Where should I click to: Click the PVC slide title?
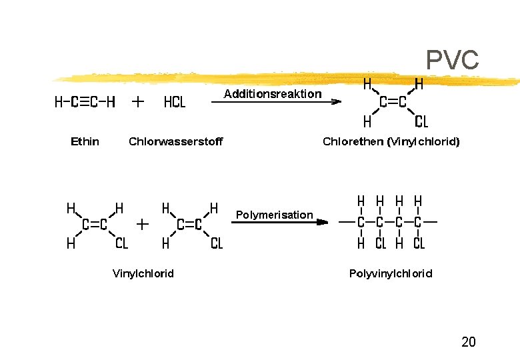coord(452,60)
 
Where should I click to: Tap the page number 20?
coord(468,341)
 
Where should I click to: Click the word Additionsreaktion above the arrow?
coord(273,94)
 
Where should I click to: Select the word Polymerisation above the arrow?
coord(274,215)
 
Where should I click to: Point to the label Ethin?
coord(85,141)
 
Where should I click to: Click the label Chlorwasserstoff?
coord(176,141)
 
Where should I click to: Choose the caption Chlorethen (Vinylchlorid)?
coord(391,142)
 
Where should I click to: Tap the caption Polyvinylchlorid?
coord(391,273)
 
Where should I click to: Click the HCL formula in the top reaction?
coord(175,102)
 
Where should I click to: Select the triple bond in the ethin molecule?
coord(85,102)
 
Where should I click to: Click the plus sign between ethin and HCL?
coord(137,102)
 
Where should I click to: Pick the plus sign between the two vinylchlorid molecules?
coord(143,225)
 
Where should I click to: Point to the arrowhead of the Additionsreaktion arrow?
coord(336,102)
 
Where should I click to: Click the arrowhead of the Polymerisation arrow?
coord(323,222)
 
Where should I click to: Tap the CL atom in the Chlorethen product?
coord(421,121)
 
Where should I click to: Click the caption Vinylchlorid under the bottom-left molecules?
coord(143,273)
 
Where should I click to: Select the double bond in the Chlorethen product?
coord(393,102)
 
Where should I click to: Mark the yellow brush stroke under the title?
coord(285,79)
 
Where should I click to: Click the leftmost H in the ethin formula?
coord(59,102)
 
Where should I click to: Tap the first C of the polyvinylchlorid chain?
coord(361,222)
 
